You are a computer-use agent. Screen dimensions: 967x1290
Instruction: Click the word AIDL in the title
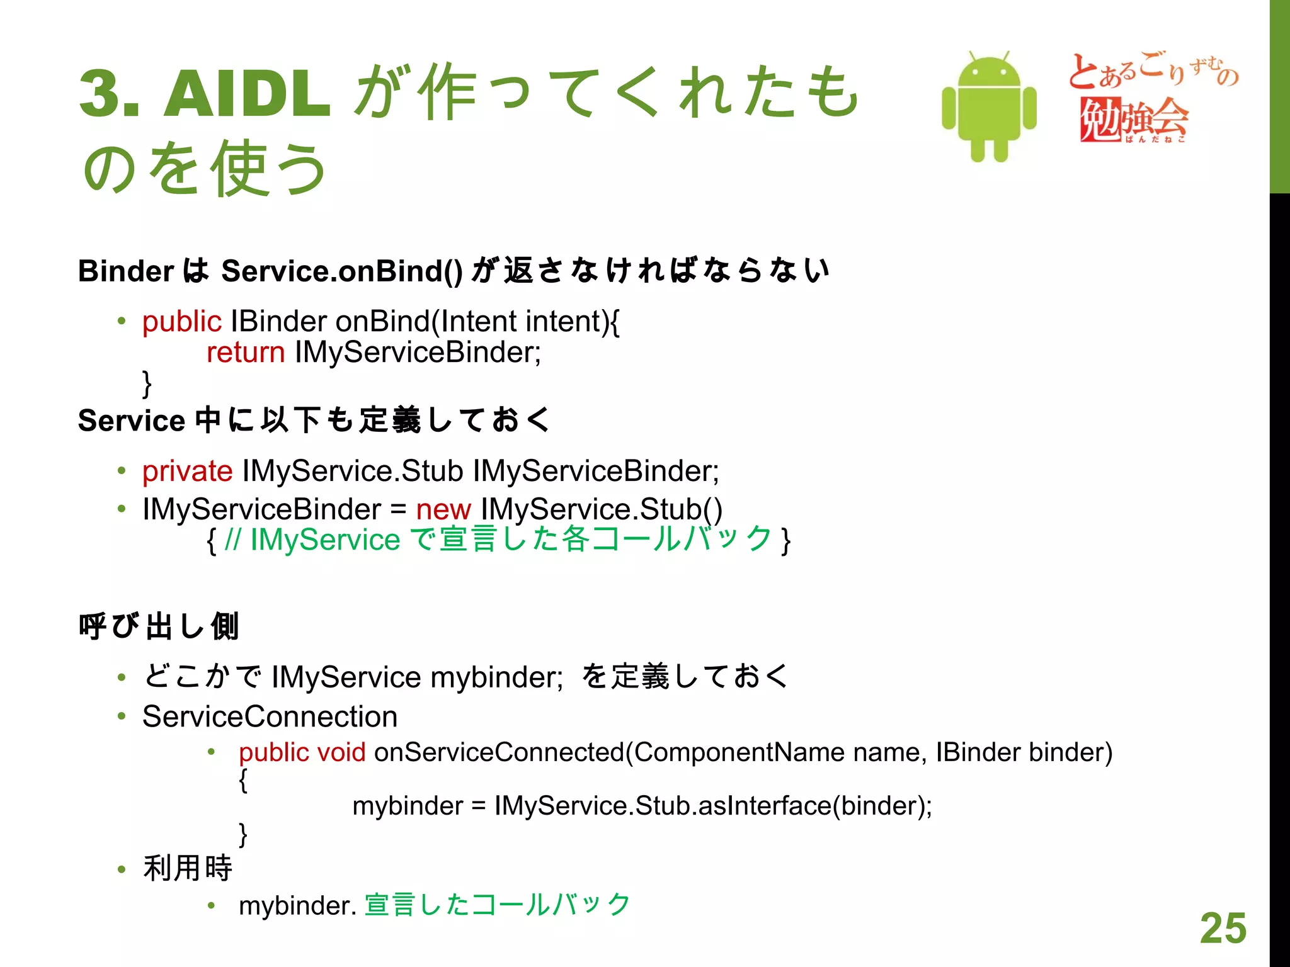point(247,94)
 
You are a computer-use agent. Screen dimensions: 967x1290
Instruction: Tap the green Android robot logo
point(989,107)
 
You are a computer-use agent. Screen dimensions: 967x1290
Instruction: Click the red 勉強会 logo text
point(1134,118)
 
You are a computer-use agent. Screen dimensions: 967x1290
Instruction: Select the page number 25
point(1223,928)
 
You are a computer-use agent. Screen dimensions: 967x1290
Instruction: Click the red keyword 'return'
point(246,352)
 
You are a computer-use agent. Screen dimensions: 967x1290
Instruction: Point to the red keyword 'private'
point(187,471)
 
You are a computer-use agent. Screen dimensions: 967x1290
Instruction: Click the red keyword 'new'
point(443,509)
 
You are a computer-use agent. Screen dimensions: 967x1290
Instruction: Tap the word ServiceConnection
point(270,716)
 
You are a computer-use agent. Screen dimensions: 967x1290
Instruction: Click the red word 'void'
point(341,752)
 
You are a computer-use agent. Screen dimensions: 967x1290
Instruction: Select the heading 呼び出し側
point(159,626)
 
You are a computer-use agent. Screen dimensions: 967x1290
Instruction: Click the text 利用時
point(188,868)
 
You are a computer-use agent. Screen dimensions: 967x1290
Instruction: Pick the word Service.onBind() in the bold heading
point(342,271)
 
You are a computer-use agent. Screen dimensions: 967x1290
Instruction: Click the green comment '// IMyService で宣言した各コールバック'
point(498,540)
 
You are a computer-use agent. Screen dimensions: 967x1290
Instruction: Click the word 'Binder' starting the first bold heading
point(126,271)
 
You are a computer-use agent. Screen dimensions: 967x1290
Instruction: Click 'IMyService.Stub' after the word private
point(353,471)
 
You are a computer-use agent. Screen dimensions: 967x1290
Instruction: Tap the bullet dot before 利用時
point(122,869)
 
